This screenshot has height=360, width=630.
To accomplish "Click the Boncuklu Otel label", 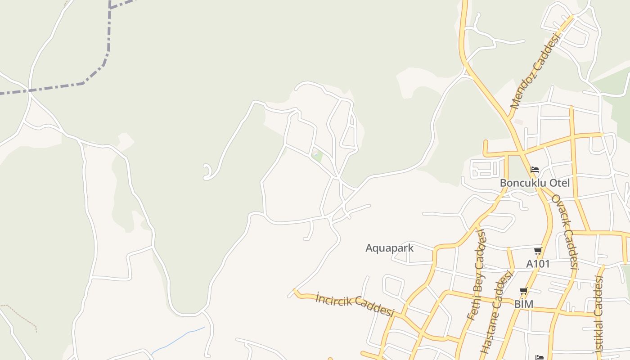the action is click(535, 183).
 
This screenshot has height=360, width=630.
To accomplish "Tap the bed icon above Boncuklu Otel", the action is click(535, 170).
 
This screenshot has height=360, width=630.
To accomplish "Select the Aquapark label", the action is click(389, 248).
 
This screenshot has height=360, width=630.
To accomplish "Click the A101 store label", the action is click(538, 264).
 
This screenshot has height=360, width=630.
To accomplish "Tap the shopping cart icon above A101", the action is click(538, 251).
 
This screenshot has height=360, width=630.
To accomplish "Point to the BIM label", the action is click(524, 304).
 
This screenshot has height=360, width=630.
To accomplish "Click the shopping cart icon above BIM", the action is click(523, 292).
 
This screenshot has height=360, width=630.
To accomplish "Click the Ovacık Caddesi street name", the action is click(565, 231).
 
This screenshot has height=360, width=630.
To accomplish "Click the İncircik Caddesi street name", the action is click(355, 305).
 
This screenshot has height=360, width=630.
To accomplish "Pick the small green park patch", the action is click(317, 156).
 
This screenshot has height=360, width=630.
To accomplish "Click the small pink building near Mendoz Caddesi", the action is click(519, 122).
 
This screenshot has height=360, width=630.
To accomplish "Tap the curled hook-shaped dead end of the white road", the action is click(208, 172).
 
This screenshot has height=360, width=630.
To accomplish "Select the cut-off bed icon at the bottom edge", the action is click(539, 357).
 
